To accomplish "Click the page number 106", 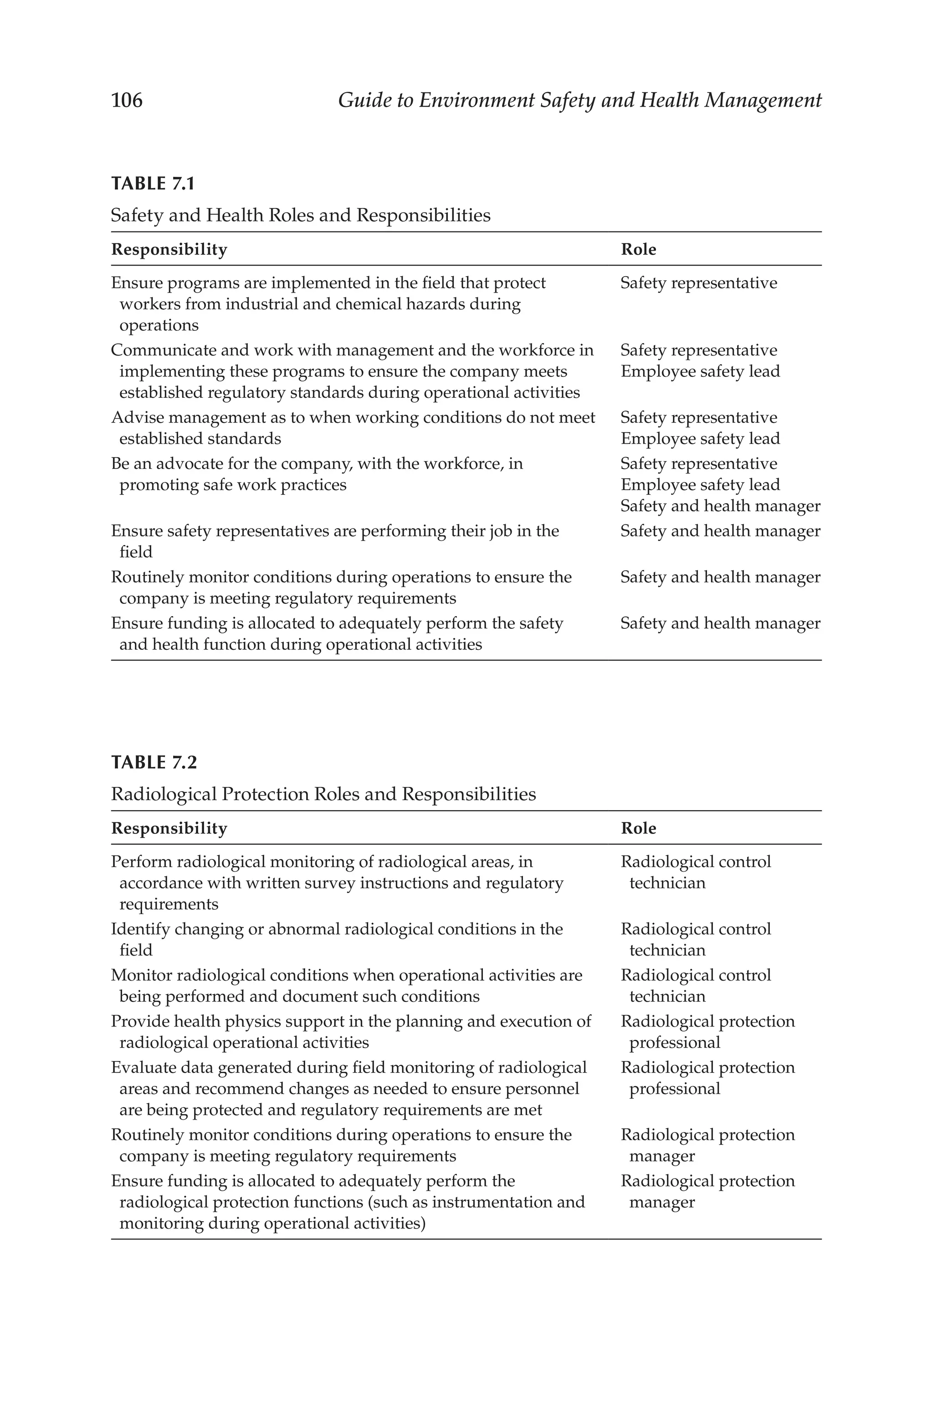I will (127, 100).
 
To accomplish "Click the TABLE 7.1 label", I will (153, 183).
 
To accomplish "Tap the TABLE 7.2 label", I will (154, 762).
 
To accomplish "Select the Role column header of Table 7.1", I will (638, 249).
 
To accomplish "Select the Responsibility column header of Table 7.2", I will (169, 828).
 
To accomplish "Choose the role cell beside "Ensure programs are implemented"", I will (698, 283).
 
